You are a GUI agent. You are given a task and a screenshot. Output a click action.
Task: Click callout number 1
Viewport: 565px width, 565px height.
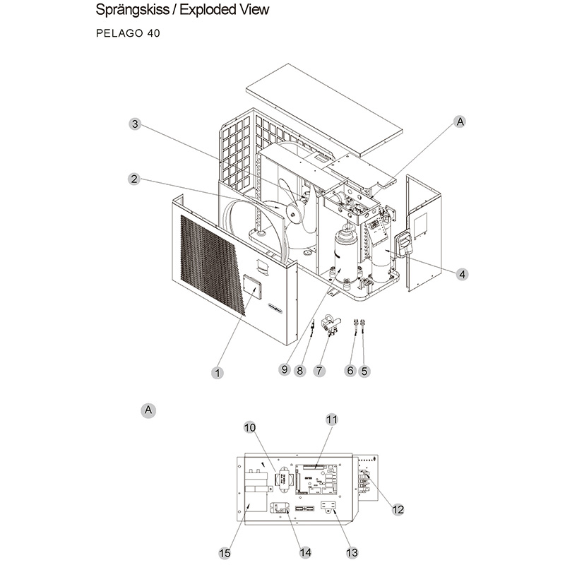(218, 373)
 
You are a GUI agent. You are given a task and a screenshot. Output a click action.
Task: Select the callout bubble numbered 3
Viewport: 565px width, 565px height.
(135, 124)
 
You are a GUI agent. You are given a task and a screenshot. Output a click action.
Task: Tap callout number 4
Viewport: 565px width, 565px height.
(462, 274)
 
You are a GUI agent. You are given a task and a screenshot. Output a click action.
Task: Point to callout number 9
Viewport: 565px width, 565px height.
(285, 369)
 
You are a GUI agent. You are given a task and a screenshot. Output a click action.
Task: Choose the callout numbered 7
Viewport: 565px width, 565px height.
(319, 370)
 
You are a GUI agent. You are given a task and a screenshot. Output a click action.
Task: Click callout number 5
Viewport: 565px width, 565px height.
(364, 371)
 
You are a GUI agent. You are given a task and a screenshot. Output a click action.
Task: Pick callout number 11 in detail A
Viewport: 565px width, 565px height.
(332, 420)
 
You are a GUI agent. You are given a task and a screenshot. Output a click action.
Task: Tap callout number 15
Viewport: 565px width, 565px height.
(225, 553)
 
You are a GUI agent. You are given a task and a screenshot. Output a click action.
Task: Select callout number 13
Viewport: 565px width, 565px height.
(352, 552)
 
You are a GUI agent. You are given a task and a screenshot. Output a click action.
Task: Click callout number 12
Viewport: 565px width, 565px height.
(398, 509)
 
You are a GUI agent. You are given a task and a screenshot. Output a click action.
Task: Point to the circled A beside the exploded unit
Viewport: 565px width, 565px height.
(460, 121)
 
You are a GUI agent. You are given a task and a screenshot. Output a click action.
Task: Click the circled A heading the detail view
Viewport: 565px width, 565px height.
(148, 410)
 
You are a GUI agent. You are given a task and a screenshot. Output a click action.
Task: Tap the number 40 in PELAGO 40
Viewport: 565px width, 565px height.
(153, 33)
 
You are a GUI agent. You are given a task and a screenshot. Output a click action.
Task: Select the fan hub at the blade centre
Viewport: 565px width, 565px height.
(292, 215)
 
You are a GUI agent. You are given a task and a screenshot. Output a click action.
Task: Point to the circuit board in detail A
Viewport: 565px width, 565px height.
(316, 480)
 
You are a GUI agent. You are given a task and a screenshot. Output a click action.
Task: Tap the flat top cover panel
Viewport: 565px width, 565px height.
(324, 110)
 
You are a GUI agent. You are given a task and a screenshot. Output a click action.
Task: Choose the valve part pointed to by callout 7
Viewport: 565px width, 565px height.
(331, 323)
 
